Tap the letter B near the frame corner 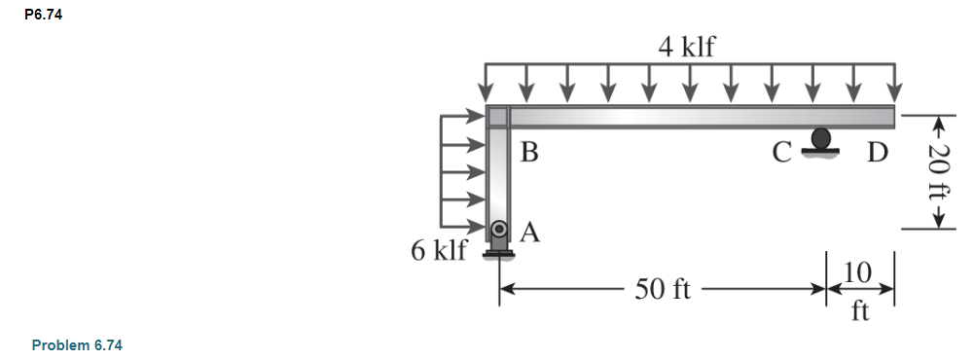[x=529, y=153]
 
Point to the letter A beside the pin [x=530, y=232]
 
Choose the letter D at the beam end [x=878, y=154]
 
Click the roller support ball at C [x=822, y=139]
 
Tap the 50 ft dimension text [x=663, y=289]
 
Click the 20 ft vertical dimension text [x=939, y=172]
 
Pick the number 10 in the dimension [x=858, y=272]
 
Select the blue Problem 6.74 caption [x=77, y=344]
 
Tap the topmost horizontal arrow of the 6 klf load [x=464, y=117]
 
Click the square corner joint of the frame [x=497, y=117]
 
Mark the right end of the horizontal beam [x=891, y=117]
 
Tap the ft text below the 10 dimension [x=858, y=312]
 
